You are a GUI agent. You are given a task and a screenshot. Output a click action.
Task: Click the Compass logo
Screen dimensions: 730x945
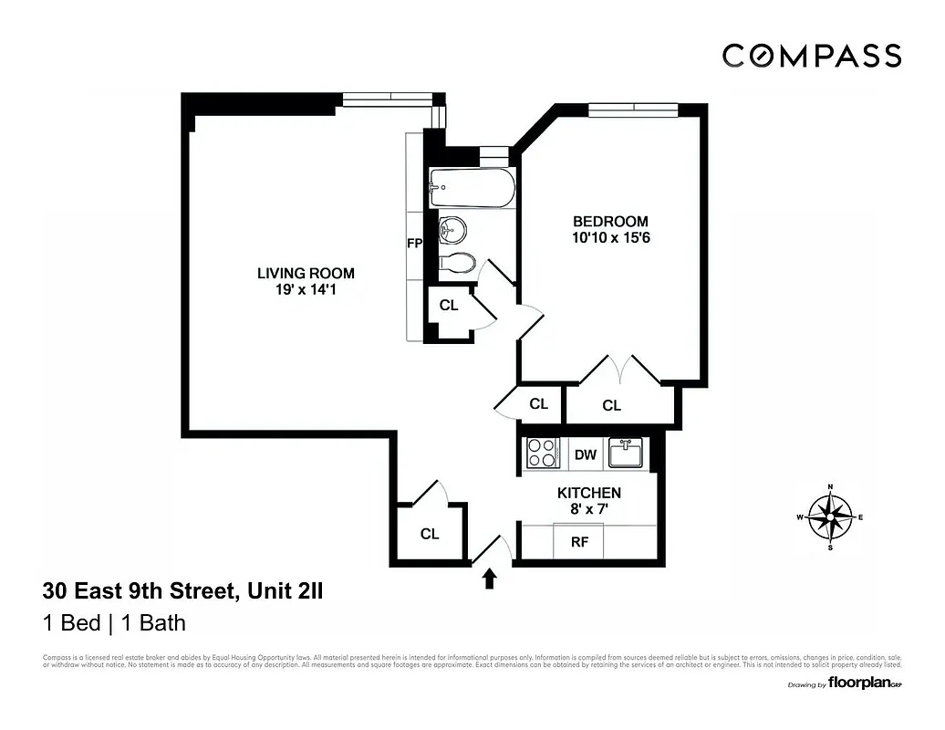(812, 56)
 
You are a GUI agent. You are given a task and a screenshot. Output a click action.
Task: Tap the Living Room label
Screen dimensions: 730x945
(306, 273)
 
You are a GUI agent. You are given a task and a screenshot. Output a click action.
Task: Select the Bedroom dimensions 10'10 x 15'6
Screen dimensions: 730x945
(610, 238)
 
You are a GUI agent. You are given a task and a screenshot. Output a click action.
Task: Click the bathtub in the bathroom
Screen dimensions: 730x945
(472, 187)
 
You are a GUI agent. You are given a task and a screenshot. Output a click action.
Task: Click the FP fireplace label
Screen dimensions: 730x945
(414, 244)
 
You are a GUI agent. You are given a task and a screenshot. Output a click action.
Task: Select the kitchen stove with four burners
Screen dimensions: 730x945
(543, 454)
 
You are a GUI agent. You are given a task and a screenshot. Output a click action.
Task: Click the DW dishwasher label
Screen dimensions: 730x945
(585, 454)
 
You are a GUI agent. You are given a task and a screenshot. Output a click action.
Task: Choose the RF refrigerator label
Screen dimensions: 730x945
(579, 542)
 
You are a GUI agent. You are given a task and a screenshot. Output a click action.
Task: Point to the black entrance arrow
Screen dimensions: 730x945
(490, 579)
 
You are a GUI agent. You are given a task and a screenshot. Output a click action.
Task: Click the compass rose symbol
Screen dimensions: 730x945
(830, 517)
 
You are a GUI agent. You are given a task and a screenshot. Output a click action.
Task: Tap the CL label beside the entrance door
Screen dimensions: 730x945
(430, 535)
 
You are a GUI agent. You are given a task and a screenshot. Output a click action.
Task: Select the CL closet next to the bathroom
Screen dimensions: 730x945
(449, 306)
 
